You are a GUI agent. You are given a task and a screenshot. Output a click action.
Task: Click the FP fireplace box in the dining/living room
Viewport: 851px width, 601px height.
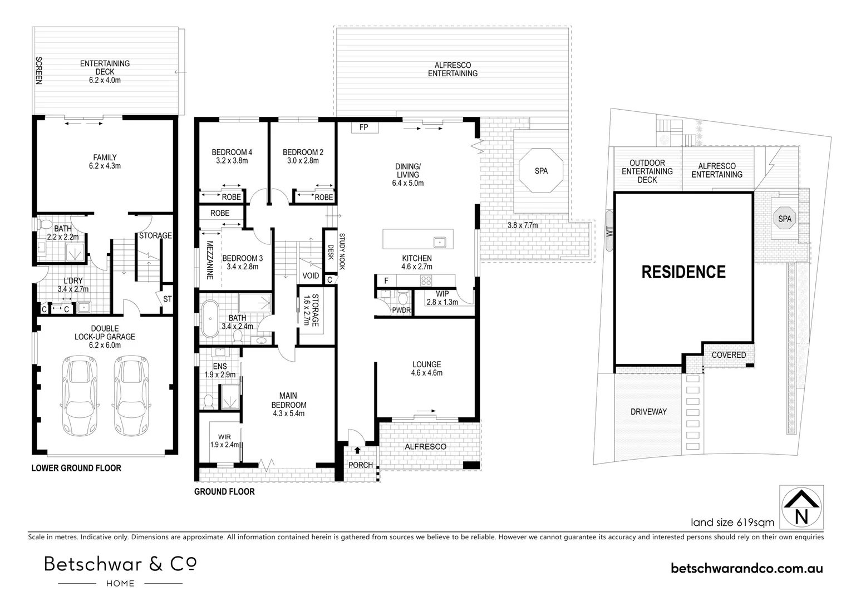(365, 127)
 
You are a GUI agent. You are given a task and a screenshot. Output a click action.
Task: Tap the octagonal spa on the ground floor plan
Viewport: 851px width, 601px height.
(541, 171)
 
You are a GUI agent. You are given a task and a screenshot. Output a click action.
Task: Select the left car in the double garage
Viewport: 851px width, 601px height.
(80, 395)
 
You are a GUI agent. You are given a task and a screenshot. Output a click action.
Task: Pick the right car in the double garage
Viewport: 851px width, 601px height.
(131, 395)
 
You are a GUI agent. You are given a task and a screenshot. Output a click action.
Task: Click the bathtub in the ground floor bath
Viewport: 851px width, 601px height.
(210, 319)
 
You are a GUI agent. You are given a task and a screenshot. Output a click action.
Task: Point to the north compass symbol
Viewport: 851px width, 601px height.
(801, 507)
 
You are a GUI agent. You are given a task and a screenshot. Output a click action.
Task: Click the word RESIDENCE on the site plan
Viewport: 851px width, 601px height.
(683, 272)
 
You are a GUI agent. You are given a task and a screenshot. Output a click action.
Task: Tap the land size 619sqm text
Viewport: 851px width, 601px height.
(732, 523)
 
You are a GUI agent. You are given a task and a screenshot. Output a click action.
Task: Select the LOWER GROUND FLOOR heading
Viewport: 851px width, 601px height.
(76, 468)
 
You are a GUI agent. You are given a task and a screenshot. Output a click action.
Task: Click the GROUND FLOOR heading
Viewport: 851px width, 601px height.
(224, 491)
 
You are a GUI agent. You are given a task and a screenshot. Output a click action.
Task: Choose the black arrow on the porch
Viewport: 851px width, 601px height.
(357, 450)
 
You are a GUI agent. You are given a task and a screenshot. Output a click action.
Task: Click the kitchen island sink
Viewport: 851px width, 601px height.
(440, 242)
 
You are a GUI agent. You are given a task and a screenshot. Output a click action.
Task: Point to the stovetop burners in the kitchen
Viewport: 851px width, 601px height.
(426, 281)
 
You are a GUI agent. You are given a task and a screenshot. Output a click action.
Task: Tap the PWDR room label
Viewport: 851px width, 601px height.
(401, 310)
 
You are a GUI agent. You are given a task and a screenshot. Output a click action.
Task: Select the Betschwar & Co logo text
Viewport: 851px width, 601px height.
(120, 564)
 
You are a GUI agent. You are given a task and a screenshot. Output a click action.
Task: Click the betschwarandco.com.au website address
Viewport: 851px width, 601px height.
(747, 568)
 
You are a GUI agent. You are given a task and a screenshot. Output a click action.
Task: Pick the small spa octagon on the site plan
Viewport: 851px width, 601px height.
(785, 219)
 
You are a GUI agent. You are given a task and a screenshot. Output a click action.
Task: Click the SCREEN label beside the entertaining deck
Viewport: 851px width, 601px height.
(39, 70)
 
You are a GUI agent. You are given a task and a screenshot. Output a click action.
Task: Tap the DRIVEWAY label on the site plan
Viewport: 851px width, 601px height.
(648, 411)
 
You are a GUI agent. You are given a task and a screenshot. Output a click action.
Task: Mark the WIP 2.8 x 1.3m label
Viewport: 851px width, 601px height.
(442, 298)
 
